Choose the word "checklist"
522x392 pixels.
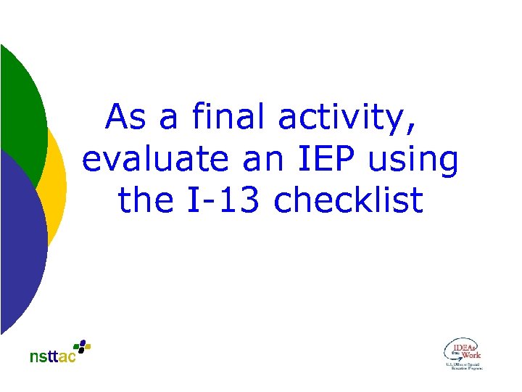tap(348, 201)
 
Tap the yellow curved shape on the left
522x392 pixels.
tap(58, 181)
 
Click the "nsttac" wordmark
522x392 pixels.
tap(52, 357)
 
